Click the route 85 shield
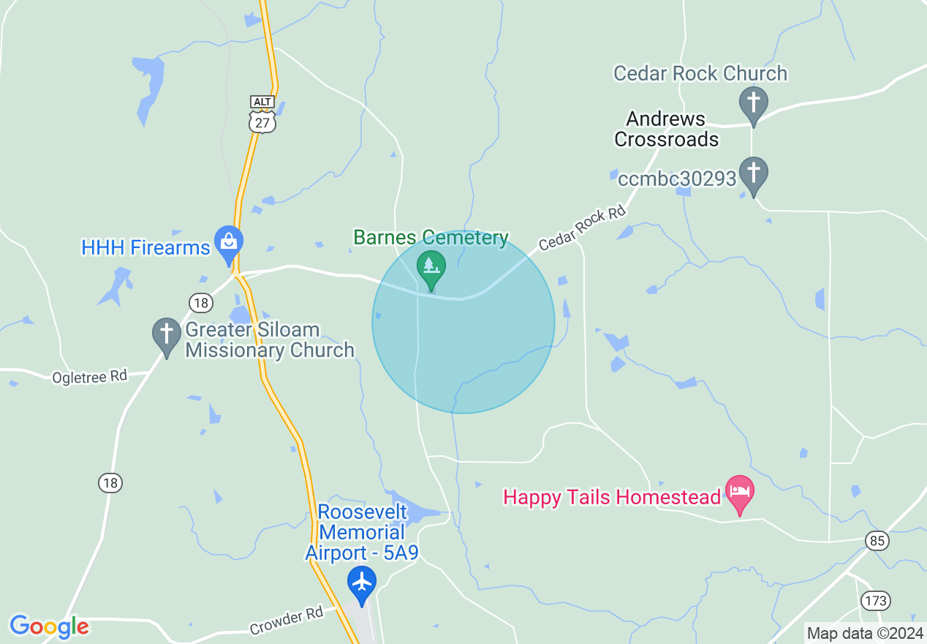(877, 541)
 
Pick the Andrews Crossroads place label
(666, 129)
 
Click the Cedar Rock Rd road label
(583, 228)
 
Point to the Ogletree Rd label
(89, 377)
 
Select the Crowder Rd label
(286, 621)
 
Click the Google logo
(49, 626)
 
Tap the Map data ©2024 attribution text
(864, 633)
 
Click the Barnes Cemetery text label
(431, 238)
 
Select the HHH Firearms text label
(146, 248)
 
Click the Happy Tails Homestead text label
(612, 498)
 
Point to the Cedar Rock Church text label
(700, 73)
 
